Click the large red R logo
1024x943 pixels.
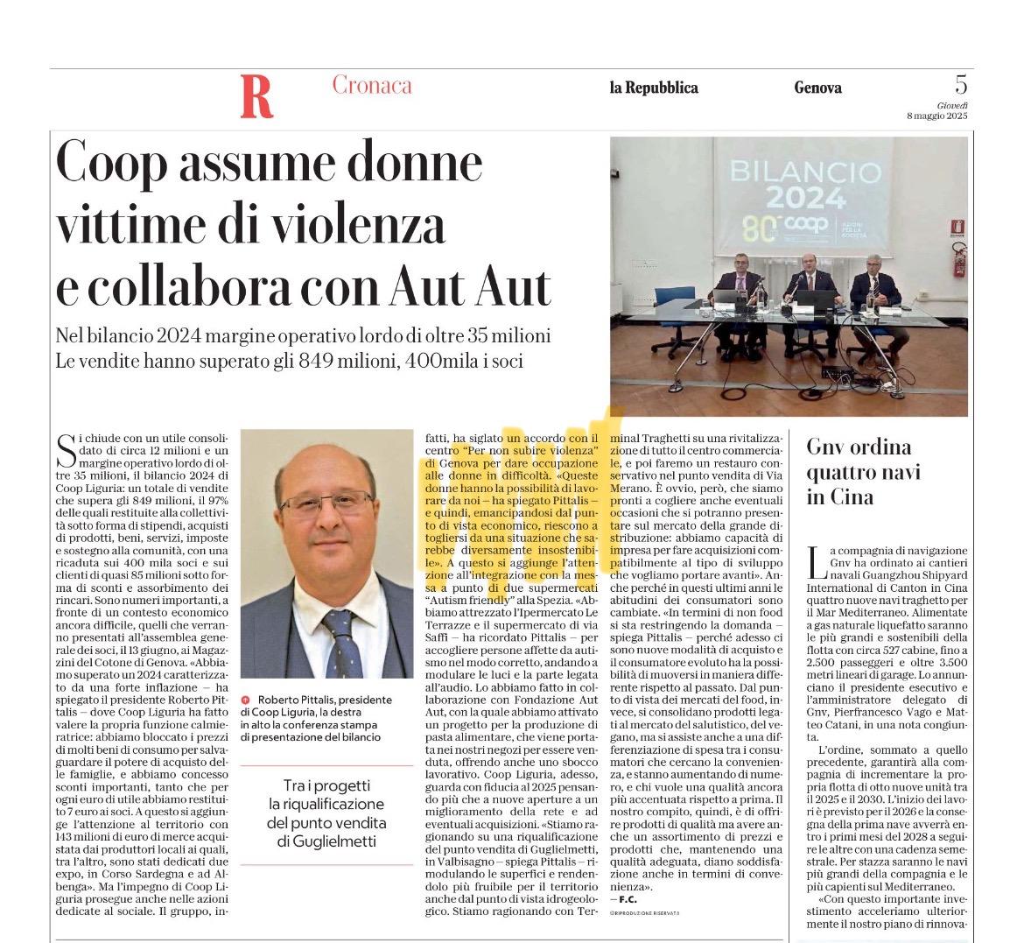pyautogui.click(x=256, y=96)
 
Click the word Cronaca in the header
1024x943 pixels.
pyautogui.click(x=371, y=85)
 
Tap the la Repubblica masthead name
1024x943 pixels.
pyautogui.click(x=654, y=88)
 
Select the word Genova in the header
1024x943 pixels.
pyautogui.click(x=817, y=88)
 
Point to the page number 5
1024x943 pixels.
pyautogui.click(x=960, y=85)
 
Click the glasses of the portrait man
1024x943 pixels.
pyautogui.click(x=326, y=503)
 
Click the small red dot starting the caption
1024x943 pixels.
pyautogui.click(x=245, y=700)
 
